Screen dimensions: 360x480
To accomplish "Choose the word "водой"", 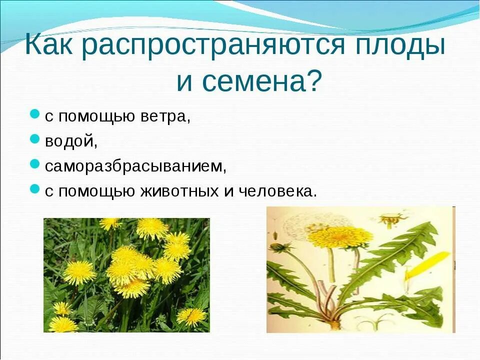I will coord(70,141).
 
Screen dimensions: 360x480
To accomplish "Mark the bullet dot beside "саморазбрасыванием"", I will coord(34,164).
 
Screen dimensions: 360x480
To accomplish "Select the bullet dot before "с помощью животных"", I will coord(34,189).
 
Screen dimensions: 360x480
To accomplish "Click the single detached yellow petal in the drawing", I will coord(427,265).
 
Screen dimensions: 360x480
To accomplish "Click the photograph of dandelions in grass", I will coord(126,275).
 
